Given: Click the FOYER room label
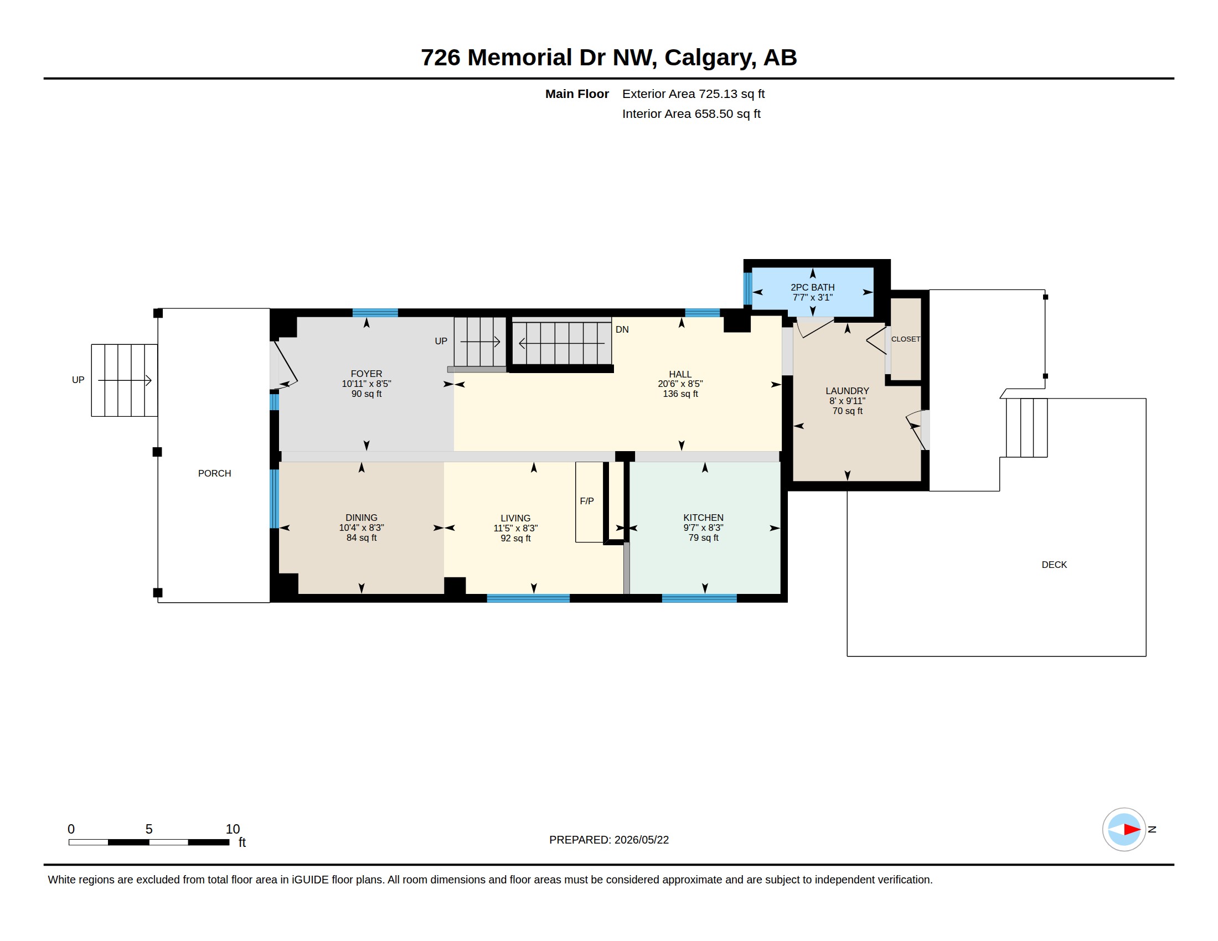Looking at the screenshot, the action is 367,374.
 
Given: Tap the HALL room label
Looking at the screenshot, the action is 680,374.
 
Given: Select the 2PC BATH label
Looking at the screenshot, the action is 813,288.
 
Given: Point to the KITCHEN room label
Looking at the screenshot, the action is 703,518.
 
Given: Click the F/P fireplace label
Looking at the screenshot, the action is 587,501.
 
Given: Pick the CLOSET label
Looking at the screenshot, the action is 906,339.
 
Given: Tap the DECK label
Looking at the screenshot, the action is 1054,565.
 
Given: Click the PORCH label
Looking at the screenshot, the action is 214,473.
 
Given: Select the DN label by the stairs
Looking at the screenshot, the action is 622,329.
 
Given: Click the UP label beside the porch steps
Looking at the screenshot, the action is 78,380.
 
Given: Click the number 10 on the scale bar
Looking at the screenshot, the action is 233,829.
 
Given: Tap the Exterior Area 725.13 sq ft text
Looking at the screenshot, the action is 693,94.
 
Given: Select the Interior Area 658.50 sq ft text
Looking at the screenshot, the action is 691,113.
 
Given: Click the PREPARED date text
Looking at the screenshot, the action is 609,840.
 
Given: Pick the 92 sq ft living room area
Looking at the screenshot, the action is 515,539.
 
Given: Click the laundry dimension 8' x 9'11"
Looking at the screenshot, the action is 847,401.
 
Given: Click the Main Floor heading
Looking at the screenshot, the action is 577,94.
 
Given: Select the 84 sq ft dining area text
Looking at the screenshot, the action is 362,538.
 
